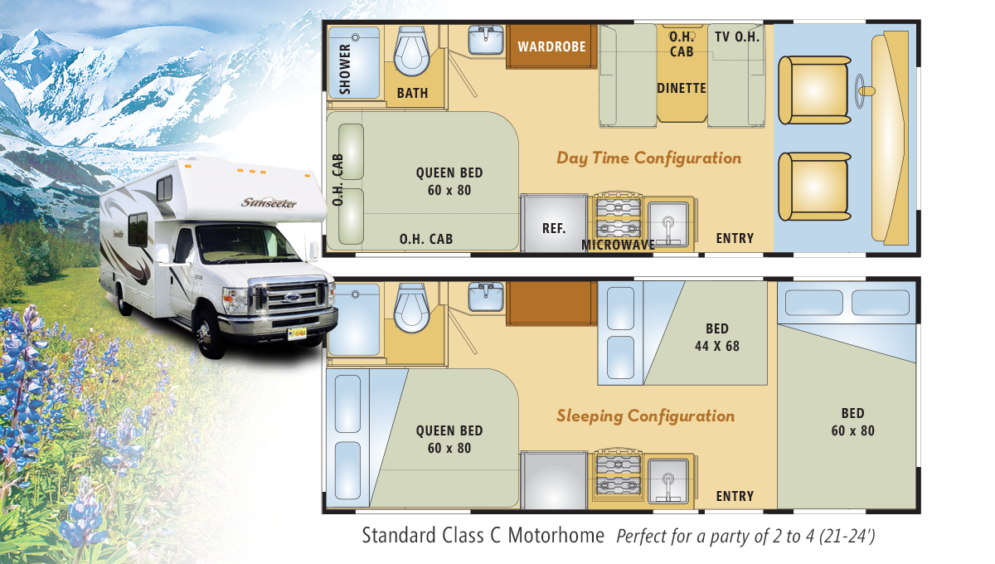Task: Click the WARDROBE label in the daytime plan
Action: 551,46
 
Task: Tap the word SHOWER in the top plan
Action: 345,69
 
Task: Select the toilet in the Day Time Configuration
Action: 412,51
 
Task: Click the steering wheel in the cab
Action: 861,91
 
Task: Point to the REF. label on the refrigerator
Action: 554,228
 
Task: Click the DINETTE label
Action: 682,88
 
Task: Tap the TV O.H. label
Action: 737,36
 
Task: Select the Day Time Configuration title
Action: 649,158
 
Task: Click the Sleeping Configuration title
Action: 645,416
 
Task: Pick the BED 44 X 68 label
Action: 717,338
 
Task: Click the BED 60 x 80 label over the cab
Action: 853,422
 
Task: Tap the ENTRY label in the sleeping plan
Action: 735,496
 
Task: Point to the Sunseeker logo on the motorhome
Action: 269,202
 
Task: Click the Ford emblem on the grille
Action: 292,297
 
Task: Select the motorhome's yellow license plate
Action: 297,333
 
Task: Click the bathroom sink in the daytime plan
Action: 486,40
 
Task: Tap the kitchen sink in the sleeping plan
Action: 668,481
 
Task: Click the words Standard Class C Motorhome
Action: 483,535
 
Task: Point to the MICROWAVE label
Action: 618,245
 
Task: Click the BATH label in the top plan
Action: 412,93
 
